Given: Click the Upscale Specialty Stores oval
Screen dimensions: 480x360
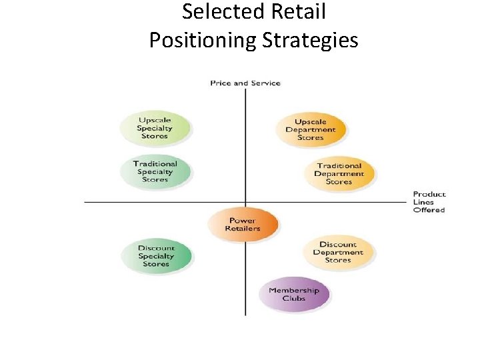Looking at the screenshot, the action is pos(155,128).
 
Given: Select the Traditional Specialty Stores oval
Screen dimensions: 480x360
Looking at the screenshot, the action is pos(155,171).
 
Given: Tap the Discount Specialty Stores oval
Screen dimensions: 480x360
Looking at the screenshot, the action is pos(156,256).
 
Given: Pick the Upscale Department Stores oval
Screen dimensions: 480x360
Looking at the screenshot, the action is pos(311,129).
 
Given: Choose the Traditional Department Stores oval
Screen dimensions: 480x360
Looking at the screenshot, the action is pos(339,173).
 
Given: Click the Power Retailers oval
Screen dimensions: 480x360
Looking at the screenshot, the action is pos(242,225).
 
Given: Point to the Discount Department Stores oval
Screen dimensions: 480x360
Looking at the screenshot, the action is pos(338,252).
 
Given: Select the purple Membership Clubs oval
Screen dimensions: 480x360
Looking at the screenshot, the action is pos(294,294).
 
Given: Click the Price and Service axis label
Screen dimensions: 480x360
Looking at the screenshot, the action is pos(245,83).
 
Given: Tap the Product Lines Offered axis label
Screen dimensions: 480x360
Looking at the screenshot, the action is pos(429,202).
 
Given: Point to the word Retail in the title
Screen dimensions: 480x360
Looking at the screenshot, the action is pos(301,12).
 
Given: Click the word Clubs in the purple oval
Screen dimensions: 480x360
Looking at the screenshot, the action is pos(294,299).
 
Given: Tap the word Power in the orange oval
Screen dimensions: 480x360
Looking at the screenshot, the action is pos(242,221).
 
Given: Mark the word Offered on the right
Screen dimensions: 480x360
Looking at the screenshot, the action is pos(429,210).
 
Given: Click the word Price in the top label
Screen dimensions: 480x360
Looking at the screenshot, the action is pos(220,83).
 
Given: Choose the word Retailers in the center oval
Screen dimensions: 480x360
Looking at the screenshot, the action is pos(242,229).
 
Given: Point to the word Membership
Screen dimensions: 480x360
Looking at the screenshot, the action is pos(294,290).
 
